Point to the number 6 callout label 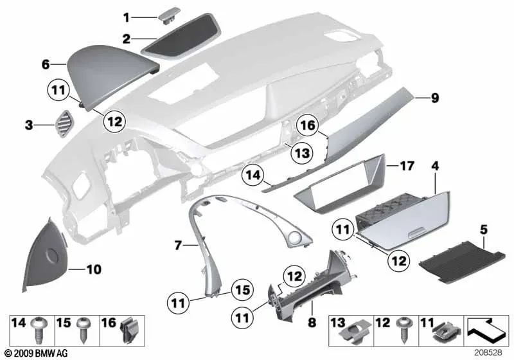click(x=45, y=64)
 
